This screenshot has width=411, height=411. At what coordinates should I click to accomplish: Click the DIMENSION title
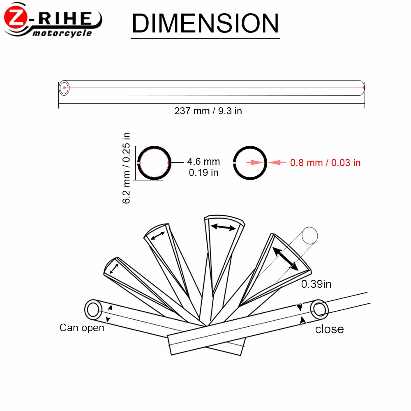(205, 23)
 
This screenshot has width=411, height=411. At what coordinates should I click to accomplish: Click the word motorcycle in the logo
(62, 33)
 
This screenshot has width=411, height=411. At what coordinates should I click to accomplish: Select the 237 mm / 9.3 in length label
(208, 111)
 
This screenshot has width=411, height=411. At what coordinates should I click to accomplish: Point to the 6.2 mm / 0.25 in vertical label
(126, 168)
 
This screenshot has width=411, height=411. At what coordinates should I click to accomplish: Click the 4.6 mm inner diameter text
(203, 162)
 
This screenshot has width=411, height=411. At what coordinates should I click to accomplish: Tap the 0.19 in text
(203, 173)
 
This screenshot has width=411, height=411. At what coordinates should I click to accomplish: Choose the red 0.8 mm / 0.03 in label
(325, 163)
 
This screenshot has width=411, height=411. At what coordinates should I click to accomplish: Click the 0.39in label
(316, 284)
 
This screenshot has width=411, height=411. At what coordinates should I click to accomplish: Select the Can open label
(82, 328)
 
